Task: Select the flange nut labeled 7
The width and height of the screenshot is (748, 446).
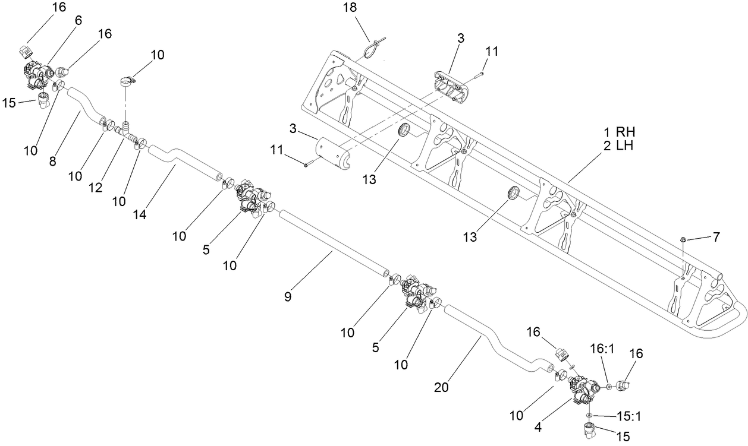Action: point(683,239)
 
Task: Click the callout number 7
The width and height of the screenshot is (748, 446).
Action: point(716,237)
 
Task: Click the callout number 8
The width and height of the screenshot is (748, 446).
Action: point(53,160)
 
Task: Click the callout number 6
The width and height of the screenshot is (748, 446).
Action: point(78,20)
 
